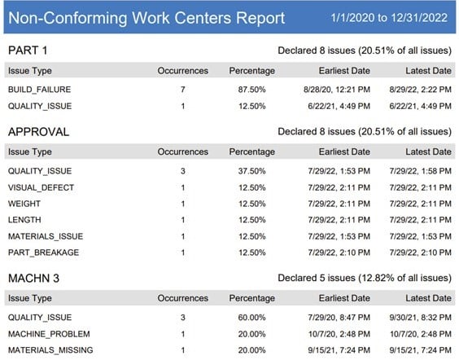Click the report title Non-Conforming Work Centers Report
[x=146, y=17]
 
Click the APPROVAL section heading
[x=37, y=130]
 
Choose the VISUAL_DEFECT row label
[x=41, y=187]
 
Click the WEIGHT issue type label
[x=24, y=204]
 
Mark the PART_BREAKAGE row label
[x=43, y=252]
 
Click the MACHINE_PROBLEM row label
[x=48, y=334]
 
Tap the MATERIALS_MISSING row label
[x=50, y=350]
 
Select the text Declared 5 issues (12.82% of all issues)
[x=364, y=279]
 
